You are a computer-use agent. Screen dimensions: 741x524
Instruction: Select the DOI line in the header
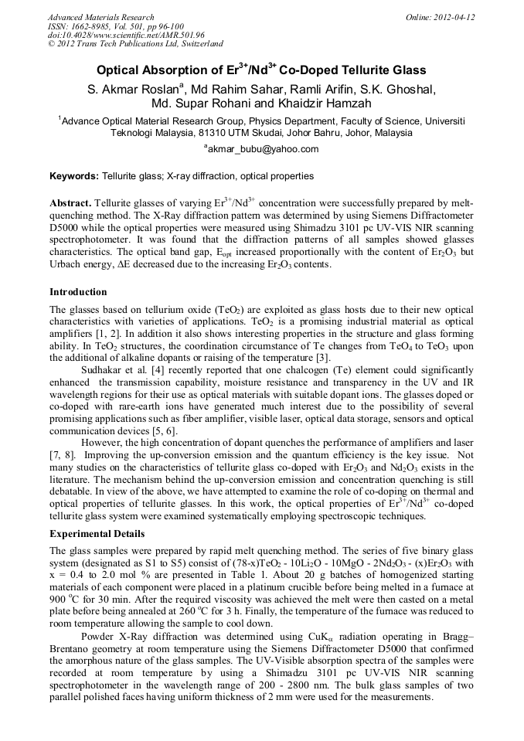[x=126, y=35]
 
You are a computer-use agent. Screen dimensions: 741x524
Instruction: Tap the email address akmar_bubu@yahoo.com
[x=262, y=149]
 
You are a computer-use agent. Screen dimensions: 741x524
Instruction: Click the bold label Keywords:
[x=75, y=176]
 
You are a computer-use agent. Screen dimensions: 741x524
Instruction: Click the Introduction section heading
[x=78, y=292]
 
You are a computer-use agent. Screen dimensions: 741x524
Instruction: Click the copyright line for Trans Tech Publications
[x=135, y=44]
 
